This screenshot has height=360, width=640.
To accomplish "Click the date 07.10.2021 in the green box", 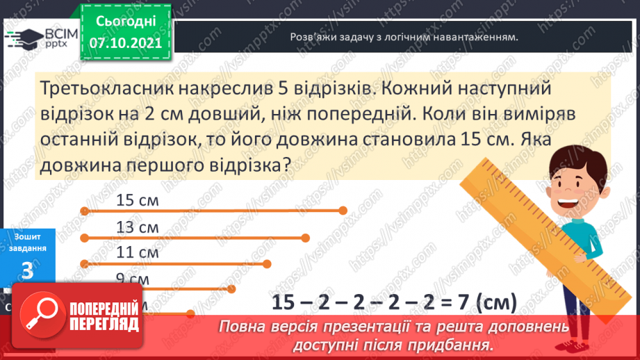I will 125,43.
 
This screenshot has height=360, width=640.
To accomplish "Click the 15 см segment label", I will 138,201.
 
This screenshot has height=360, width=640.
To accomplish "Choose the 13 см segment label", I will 138,227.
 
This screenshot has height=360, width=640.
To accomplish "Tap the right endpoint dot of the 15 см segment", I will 343,210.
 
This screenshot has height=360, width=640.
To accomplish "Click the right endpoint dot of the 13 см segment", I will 306,237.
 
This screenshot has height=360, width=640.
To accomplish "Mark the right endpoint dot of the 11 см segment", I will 269,263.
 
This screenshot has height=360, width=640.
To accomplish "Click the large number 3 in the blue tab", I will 27,271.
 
